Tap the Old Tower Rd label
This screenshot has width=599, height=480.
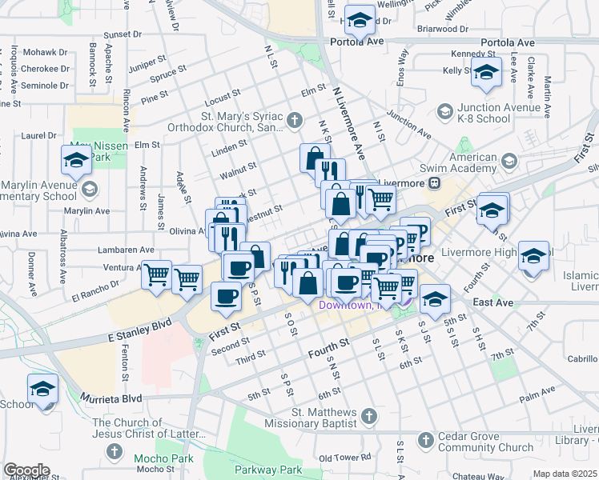pyautogui.click(x=344, y=458)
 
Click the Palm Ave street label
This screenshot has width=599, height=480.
pyautogui.click(x=537, y=398)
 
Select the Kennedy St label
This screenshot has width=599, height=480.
pyautogui.click(x=469, y=54)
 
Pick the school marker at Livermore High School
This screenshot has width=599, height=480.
pyautogui.click(x=533, y=256)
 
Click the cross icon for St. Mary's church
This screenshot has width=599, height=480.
pyautogui.click(x=295, y=121)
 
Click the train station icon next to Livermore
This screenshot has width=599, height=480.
pyautogui.click(x=433, y=182)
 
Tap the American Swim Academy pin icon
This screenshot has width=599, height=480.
pyautogui.click(x=509, y=163)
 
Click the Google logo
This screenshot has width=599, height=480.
pyautogui.click(x=26, y=470)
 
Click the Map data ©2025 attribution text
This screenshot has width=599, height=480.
pyautogui.click(x=565, y=474)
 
